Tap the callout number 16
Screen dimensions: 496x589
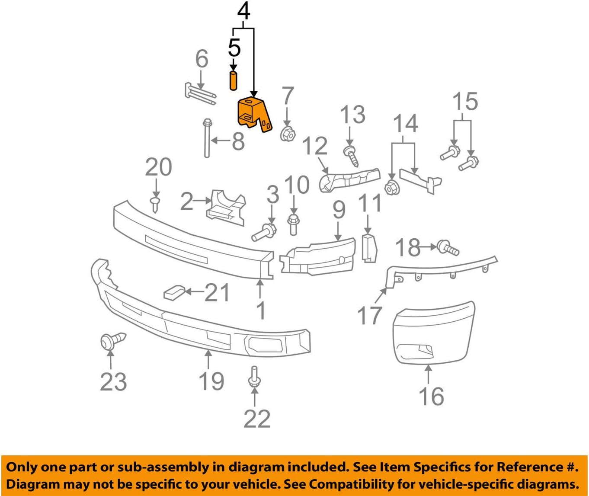pos(431,396)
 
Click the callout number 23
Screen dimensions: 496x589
pos(113,381)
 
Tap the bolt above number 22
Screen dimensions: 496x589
pos(254,376)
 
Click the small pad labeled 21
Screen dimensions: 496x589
pos(174,293)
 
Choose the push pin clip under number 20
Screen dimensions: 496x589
pos(155,204)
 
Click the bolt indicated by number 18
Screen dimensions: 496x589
pos(448,248)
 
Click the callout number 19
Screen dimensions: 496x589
pos(211,381)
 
